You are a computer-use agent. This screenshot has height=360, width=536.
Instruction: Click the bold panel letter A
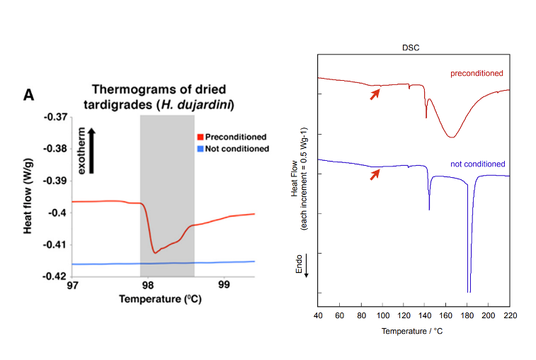(x=30, y=94)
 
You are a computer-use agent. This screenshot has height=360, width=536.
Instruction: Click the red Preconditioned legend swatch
(x=200, y=137)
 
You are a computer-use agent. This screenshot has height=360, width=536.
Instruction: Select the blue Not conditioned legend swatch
(x=200, y=149)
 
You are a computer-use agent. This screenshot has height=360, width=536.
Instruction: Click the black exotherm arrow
(x=91, y=150)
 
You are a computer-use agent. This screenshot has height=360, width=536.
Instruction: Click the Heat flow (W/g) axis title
(x=29, y=196)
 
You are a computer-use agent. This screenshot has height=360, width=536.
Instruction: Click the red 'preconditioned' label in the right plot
(x=477, y=73)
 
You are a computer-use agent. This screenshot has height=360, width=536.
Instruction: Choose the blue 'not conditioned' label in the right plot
(x=478, y=164)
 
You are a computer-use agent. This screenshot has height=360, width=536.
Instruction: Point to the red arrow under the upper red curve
(x=375, y=93)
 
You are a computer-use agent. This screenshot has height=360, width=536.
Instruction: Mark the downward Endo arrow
(x=306, y=271)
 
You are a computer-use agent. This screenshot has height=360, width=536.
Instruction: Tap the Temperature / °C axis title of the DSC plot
(x=414, y=331)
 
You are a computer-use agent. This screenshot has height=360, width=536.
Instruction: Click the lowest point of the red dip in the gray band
(x=154, y=252)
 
